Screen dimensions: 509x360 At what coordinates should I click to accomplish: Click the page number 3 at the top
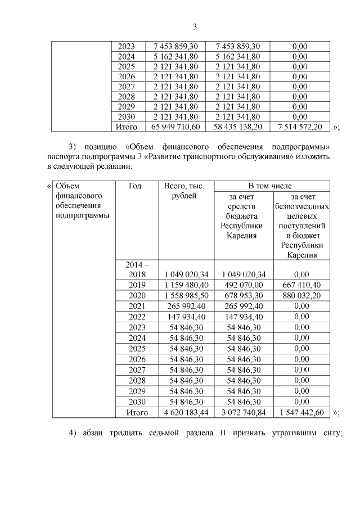pos(195,26)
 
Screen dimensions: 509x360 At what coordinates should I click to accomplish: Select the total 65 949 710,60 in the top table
pos(176,127)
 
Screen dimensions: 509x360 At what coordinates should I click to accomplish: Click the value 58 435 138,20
pos(238,127)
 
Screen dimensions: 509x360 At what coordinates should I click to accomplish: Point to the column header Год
pos(135,186)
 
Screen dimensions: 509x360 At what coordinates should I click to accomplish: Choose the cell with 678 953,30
pos(243,296)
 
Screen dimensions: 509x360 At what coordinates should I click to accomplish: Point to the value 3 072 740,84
pos(243,413)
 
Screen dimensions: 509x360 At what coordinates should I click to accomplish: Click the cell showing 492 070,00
pos(243,285)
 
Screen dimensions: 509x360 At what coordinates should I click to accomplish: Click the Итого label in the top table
pos(127,127)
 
